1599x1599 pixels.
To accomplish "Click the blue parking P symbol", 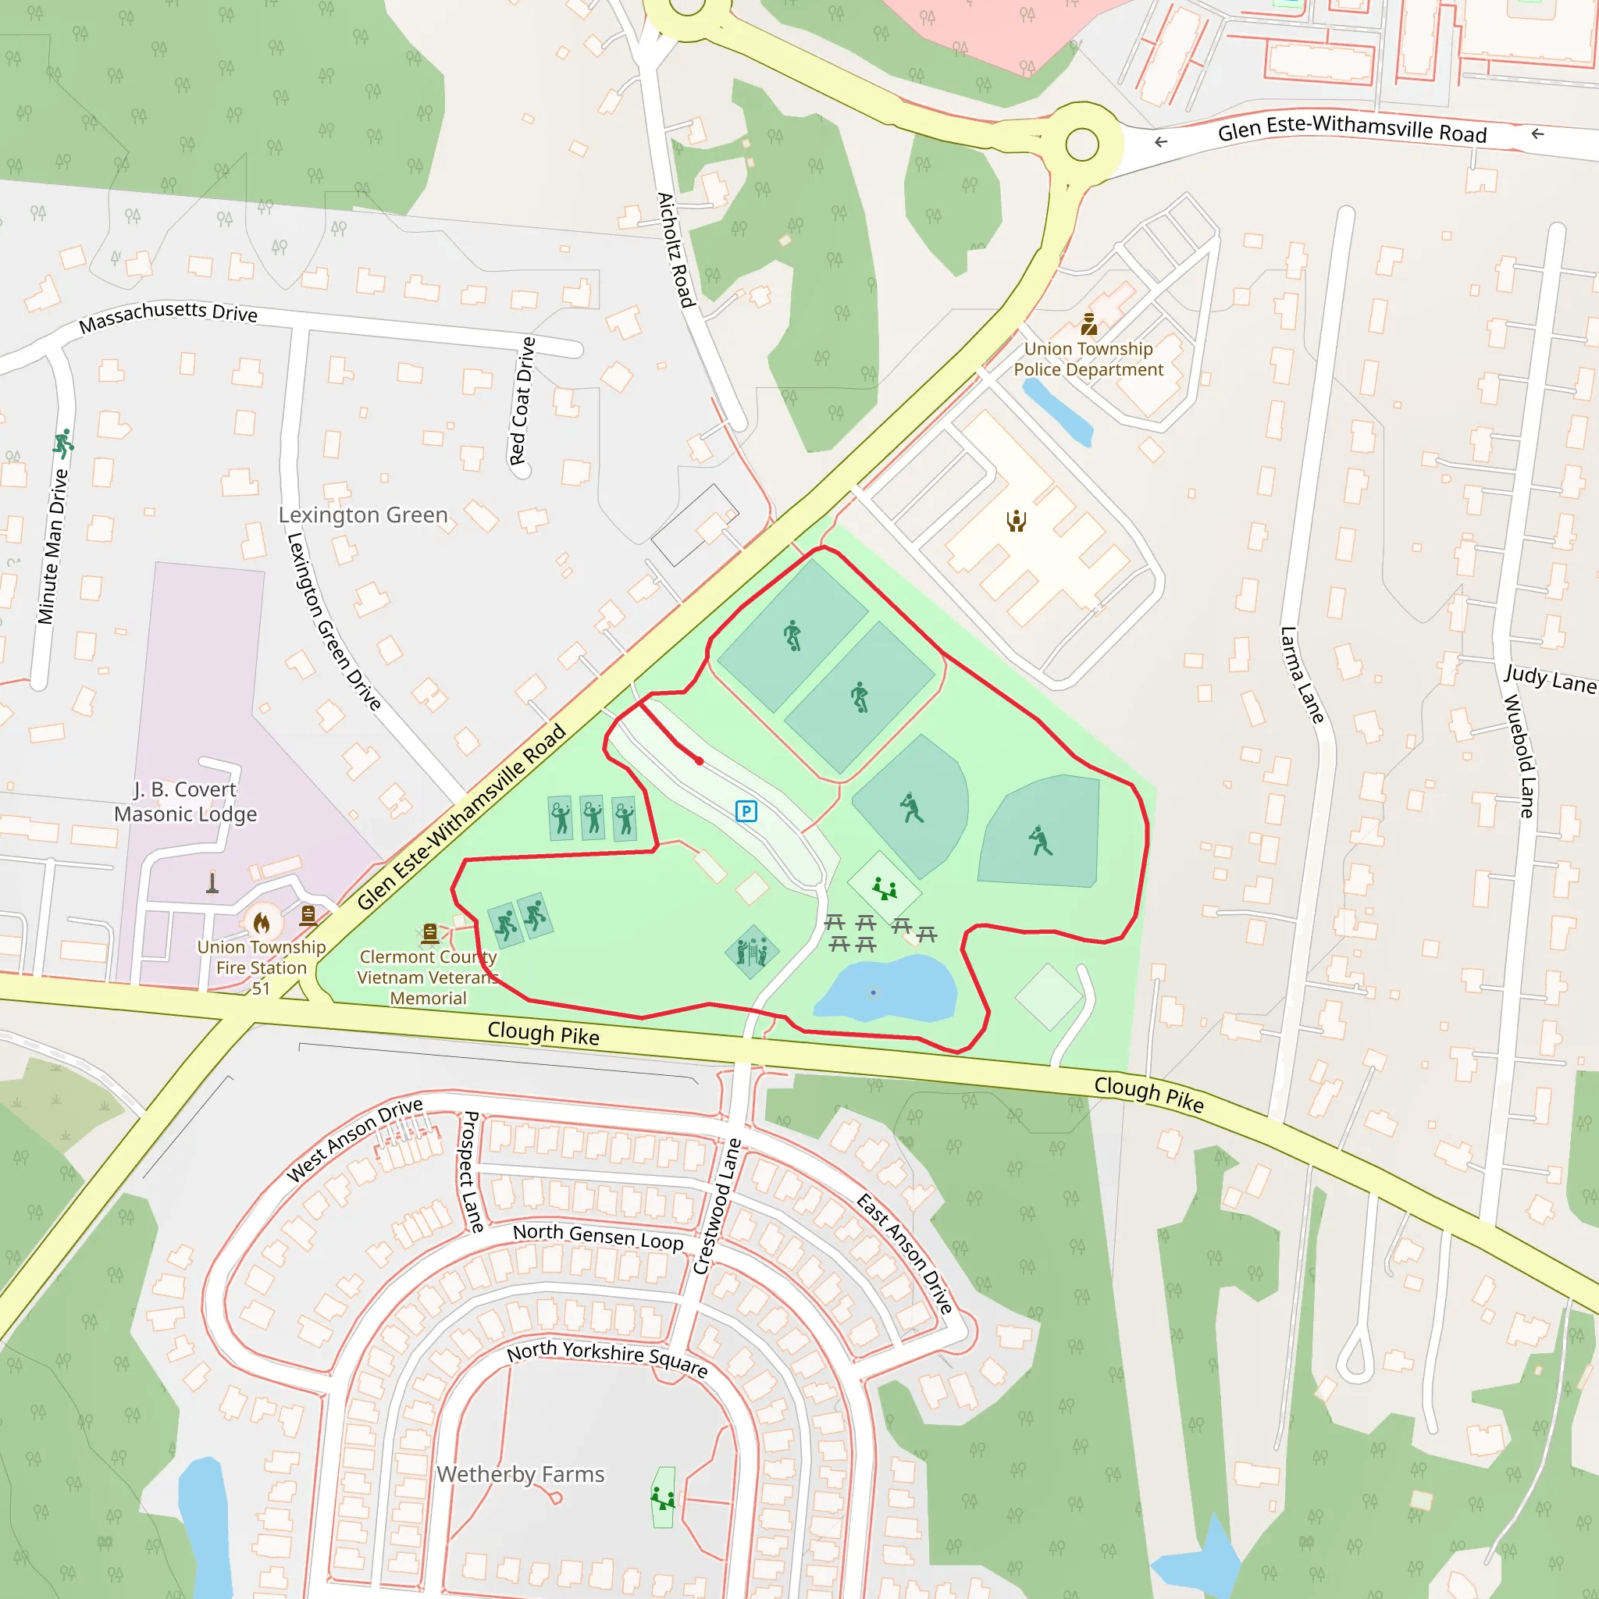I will [746, 811].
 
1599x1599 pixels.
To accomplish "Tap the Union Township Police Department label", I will [1088, 359].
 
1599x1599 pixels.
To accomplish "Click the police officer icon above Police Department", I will [1088, 323].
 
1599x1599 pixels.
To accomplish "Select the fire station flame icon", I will [262, 922].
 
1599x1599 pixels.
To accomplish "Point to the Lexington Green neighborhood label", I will [362, 515].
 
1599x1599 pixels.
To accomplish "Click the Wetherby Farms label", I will [520, 1474].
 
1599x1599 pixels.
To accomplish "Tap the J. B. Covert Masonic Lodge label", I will [185, 801].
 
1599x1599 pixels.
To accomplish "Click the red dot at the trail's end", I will [700, 760].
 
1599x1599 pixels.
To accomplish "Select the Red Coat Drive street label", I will [522, 401].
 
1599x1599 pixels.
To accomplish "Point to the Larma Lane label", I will [1302, 675].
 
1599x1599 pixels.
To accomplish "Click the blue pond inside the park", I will [885, 989].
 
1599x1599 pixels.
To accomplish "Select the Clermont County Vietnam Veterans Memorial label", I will [428, 977].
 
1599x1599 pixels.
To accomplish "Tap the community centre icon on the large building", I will [1017, 521].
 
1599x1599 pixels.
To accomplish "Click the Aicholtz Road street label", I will [675, 250].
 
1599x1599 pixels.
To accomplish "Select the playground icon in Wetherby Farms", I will [662, 1498].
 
